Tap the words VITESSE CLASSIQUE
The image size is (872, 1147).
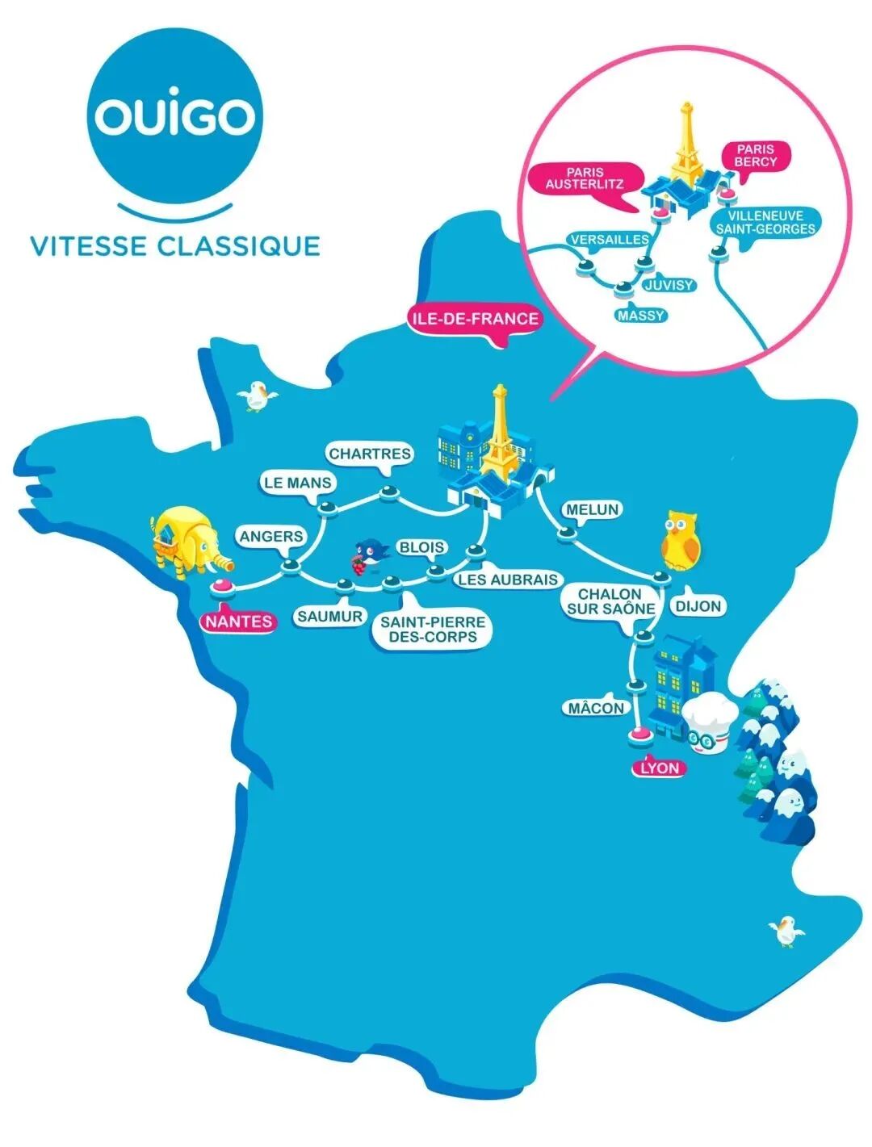[175, 245]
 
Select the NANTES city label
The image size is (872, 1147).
[237, 622]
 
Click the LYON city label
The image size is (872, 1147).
[660, 768]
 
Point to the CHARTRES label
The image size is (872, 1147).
[370, 454]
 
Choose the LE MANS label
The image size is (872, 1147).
[297, 483]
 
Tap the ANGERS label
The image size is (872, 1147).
[271, 536]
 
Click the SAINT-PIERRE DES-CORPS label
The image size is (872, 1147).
[433, 629]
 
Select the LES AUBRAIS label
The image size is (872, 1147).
[508, 580]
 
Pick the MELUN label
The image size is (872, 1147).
[592, 509]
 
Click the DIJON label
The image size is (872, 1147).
[698, 605]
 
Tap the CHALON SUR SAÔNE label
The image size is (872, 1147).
[610, 601]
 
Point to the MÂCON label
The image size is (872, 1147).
[596, 708]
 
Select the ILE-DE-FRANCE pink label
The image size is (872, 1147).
[475, 318]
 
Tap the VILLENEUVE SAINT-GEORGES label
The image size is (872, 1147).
[765, 222]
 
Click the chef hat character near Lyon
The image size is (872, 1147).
[709, 721]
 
